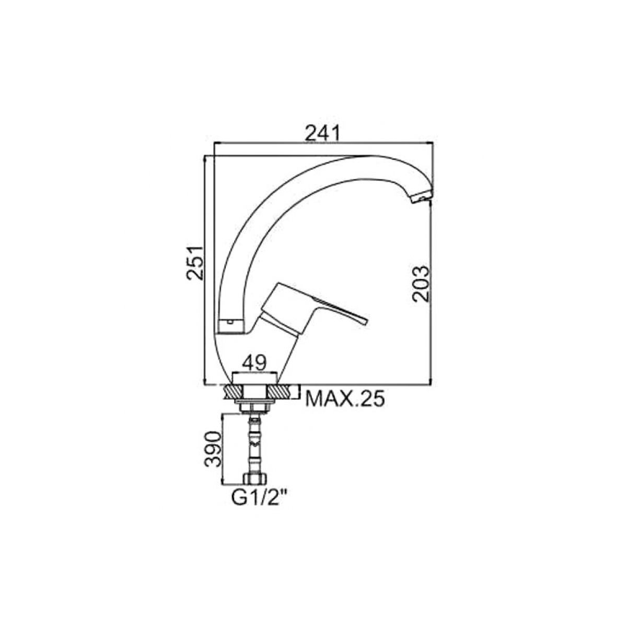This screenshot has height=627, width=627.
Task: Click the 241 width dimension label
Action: pos(322,133)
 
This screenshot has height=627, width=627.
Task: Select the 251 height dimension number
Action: pos(195,259)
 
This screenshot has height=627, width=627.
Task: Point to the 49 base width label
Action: pos(255,363)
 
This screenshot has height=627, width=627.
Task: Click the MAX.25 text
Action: pos(345,399)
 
